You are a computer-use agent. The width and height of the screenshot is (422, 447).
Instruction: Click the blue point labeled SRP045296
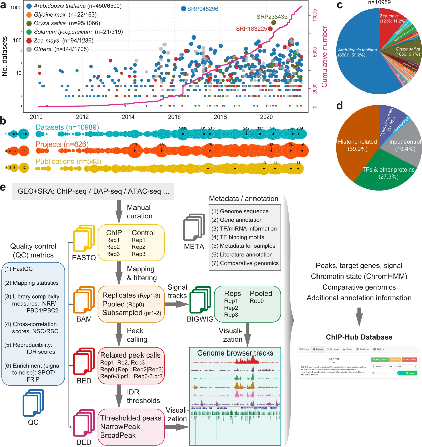tap(183, 9)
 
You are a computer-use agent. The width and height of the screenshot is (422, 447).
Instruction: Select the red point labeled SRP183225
tap(270, 29)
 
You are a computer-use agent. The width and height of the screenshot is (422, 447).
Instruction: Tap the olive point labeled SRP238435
tap(274, 23)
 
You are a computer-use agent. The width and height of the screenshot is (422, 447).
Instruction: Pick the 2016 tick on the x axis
tap(174, 117)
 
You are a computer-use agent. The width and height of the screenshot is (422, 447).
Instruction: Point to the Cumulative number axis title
tap(324, 57)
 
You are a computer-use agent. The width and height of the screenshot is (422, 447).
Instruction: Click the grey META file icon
tap(194, 228)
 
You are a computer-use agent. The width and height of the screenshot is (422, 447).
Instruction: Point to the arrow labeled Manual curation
tap(119, 211)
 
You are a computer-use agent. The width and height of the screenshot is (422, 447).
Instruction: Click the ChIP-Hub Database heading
tap(359, 337)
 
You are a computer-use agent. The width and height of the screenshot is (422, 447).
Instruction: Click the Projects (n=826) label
tap(62, 144)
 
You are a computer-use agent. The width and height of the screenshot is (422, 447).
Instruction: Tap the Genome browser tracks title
tap(235, 353)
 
